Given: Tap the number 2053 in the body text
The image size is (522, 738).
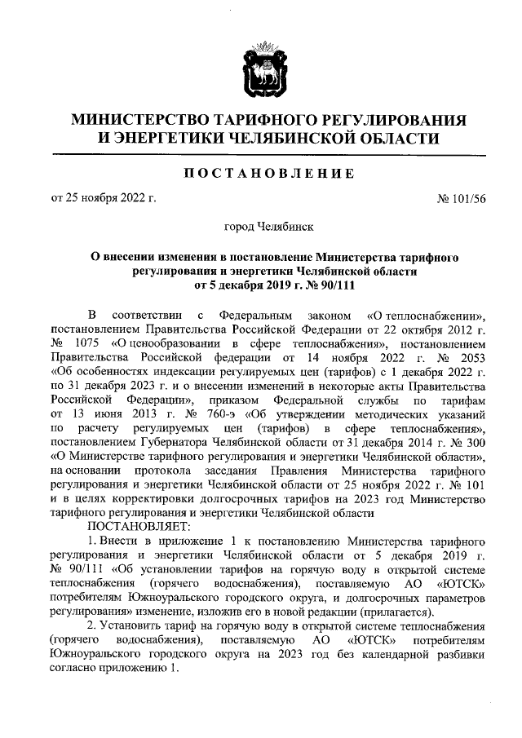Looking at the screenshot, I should coord(471,357).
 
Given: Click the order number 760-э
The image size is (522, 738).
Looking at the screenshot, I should coord(215,413).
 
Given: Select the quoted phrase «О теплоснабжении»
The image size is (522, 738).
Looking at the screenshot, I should coord(427,315).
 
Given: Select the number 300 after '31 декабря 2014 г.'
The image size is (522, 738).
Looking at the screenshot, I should coord(476,441).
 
